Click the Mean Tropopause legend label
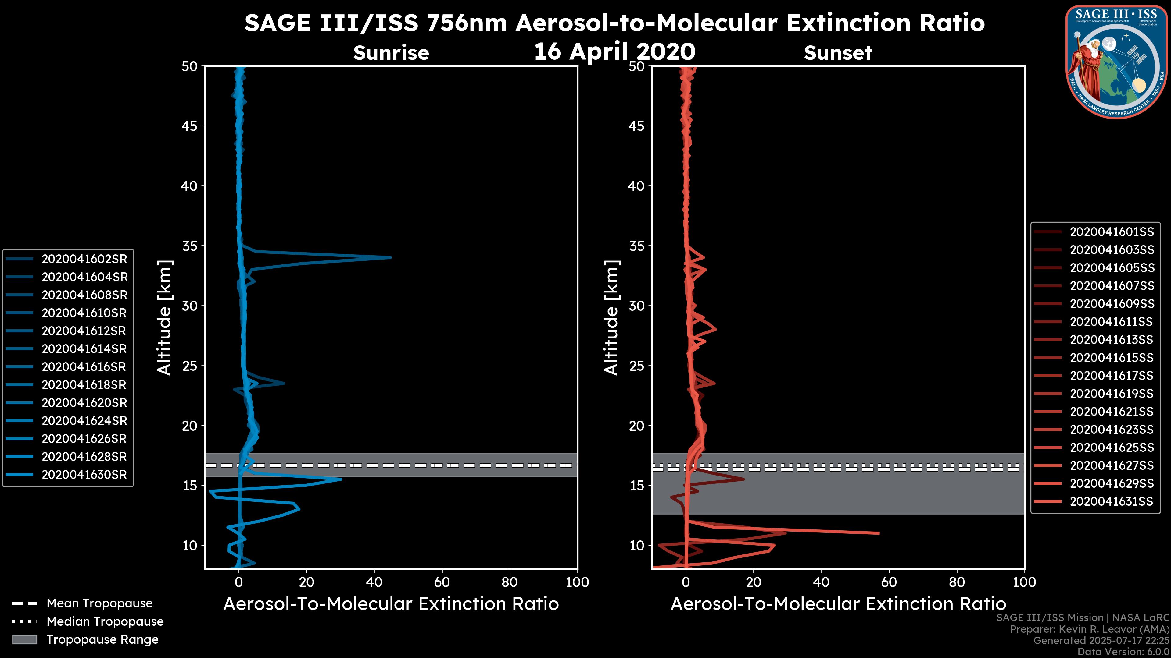click(99, 603)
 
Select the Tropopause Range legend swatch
click(24, 639)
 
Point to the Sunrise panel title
click(391, 53)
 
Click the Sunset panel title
click(838, 53)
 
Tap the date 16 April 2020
click(614, 51)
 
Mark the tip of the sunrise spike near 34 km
click(391, 257)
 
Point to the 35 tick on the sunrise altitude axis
click(190, 246)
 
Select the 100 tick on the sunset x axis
click(1025, 582)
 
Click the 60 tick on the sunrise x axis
click(442, 582)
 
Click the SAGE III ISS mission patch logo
click(1117, 62)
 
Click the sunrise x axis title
click(391, 604)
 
